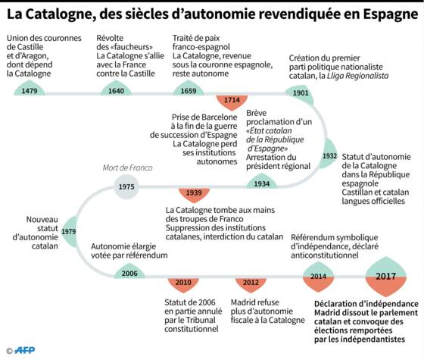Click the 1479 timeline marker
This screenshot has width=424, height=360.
[x=30, y=89]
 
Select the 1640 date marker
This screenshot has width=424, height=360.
[x=116, y=89]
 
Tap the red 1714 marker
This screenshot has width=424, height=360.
[x=232, y=102]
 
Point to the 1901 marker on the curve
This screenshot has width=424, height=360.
[x=300, y=94]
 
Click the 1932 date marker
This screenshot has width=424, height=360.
[x=328, y=155]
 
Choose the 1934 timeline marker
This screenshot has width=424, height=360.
[x=261, y=181]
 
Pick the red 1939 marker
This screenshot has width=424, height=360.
[x=194, y=195]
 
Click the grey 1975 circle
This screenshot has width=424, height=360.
[x=126, y=186]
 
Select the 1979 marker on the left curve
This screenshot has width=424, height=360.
[x=70, y=232]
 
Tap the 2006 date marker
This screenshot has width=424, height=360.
[x=129, y=271]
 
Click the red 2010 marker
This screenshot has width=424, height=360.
[x=183, y=284]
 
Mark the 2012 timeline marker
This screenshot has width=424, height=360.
[x=251, y=284]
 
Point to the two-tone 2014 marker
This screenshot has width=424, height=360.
[x=318, y=277]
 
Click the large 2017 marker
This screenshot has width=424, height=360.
[x=386, y=277]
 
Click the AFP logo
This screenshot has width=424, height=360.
[x=24, y=350]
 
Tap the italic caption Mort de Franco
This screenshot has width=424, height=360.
[x=127, y=167]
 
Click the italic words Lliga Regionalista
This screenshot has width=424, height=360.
[x=357, y=76]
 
